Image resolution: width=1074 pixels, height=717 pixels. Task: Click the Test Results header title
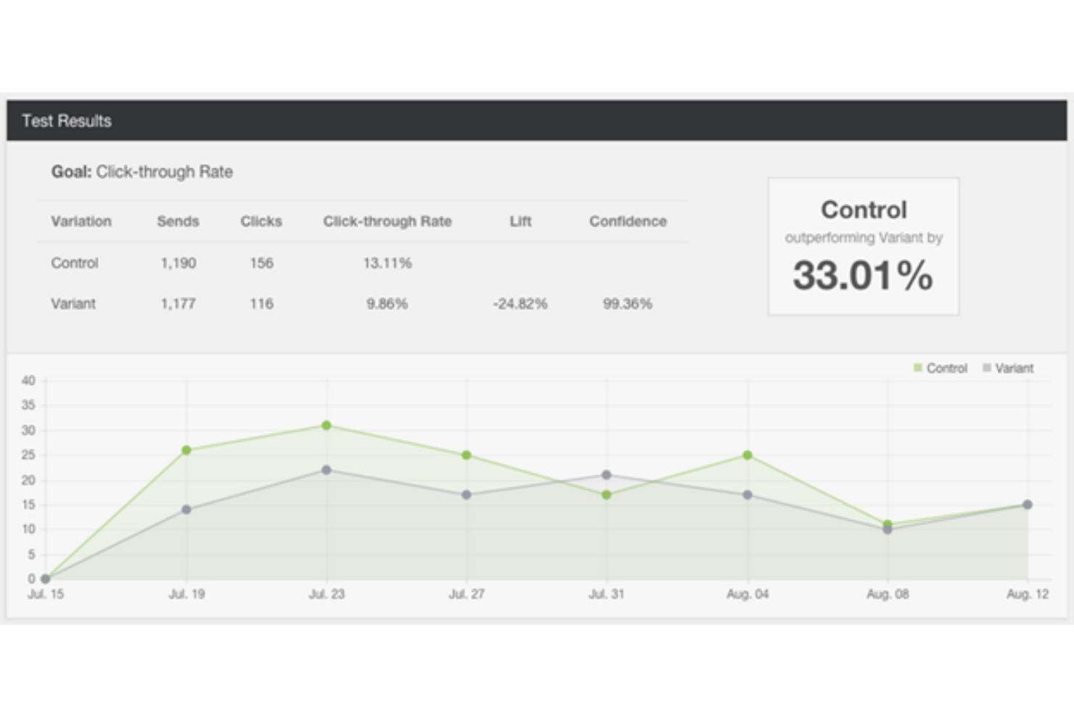pyautogui.click(x=66, y=121)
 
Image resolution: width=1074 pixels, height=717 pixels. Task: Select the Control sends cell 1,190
pyautogui.click(x=178, y=263)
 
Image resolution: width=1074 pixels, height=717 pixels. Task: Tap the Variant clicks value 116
pyautogui.click(x=261, y=304)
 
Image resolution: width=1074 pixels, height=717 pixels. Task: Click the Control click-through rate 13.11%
pyautogui.click(x=387, y=263)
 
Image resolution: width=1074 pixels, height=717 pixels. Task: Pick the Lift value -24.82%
pyautogui.click(x=520, y=304)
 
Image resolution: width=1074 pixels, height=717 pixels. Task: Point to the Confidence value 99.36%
pyautogui.click(x=627, y=304)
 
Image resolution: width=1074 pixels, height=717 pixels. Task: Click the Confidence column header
pyautogui.click(x=627, y=222)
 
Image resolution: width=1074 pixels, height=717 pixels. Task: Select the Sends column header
pyautogui.click(x=178, y=222)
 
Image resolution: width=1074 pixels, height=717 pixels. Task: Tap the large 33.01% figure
pyautogui.click(x=862, y=276)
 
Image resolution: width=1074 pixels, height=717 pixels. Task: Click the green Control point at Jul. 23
pyautogui.click(x=327, y=426)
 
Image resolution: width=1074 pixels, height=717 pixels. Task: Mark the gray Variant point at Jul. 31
pyautogui.click(x=607, y=475)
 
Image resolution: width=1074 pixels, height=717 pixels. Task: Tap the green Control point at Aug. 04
pyautogui.click(x=747, y=455)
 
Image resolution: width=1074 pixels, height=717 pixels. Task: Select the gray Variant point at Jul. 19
pyautogui.click(x=186, y=510)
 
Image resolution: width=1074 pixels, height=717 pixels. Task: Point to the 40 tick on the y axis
pyautogui.click(x=28, y=381)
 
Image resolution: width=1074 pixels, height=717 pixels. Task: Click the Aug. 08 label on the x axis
pyautogui.click(x=888, y=594)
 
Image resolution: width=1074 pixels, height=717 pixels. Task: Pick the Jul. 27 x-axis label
pyautogui.click(x=467, y=594)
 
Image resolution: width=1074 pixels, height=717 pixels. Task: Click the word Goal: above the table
pyautogui.click(x=71, y=172)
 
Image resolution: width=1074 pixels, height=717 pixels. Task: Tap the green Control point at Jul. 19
pyautogui.click(x=186, y=450)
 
